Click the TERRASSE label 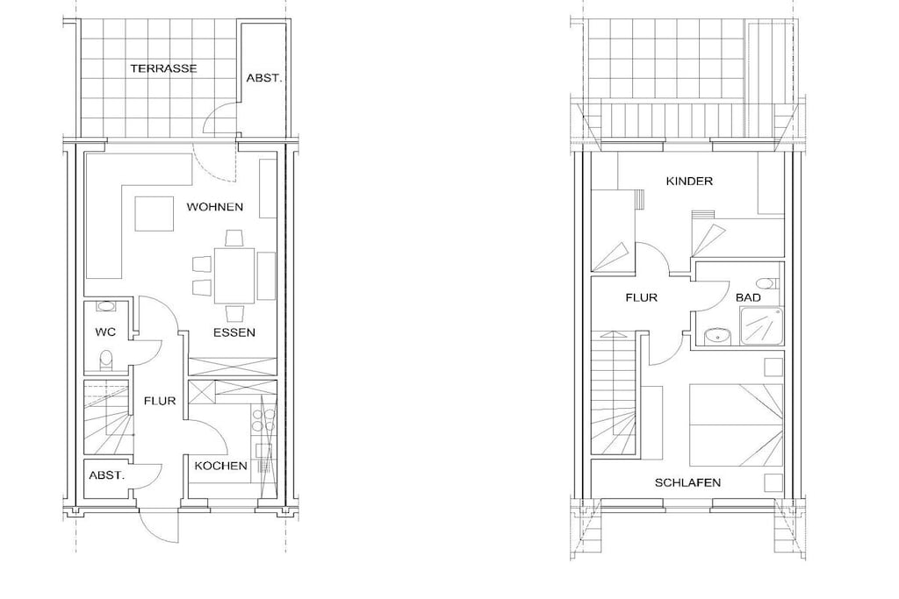[163, 68]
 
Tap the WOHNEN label [214, 207]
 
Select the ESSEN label [234, 332]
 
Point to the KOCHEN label [220, 466]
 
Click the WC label [105, 332]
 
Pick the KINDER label [689, 181]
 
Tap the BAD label [748, 298]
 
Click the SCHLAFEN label [687, 482]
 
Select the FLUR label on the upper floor [641, 298]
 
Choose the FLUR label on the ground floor [160, 401]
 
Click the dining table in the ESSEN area [234, 275]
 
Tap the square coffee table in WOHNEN [155, 214]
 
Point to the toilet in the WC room [106, 360]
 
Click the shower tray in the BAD [761, 326]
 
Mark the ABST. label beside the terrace [264, 78]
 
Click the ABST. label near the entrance [106, 475]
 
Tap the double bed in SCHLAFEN [736, 424]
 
